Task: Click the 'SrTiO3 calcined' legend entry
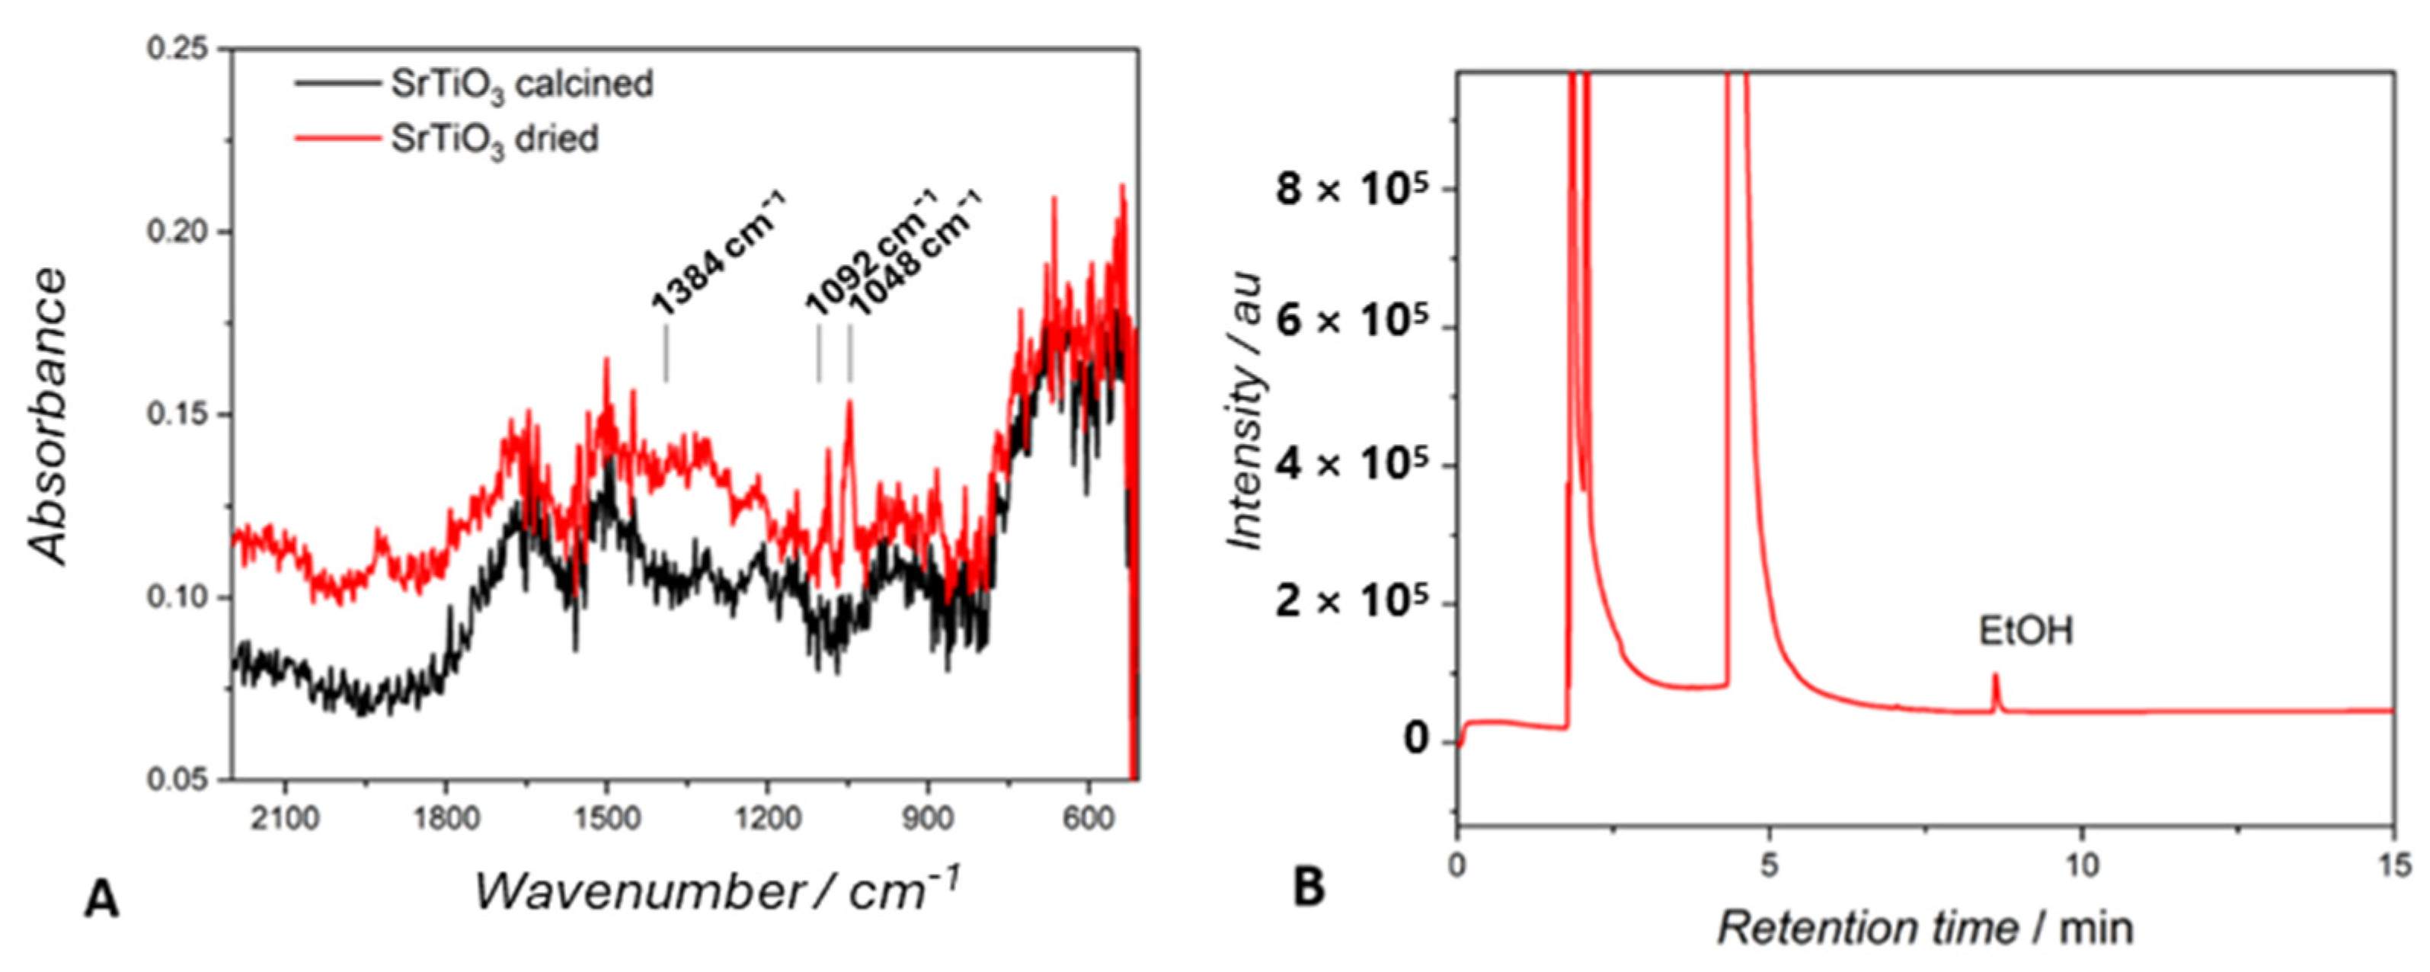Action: click(x=521, y=85)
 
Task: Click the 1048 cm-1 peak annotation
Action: click(x=913, y=253)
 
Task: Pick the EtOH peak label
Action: click(x=2026, y=631)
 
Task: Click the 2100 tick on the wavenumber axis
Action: click(x=284, y=817)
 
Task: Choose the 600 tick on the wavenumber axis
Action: click(x=1089, y=817)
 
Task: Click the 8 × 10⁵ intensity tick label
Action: click(x=1351, y=190)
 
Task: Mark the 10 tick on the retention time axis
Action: click(x=2082, y=865)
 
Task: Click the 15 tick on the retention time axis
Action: click(x=2393, y=865)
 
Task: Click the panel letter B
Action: click(x=1309, y=887)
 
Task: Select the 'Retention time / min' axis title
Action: click(x=1925, y=929)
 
